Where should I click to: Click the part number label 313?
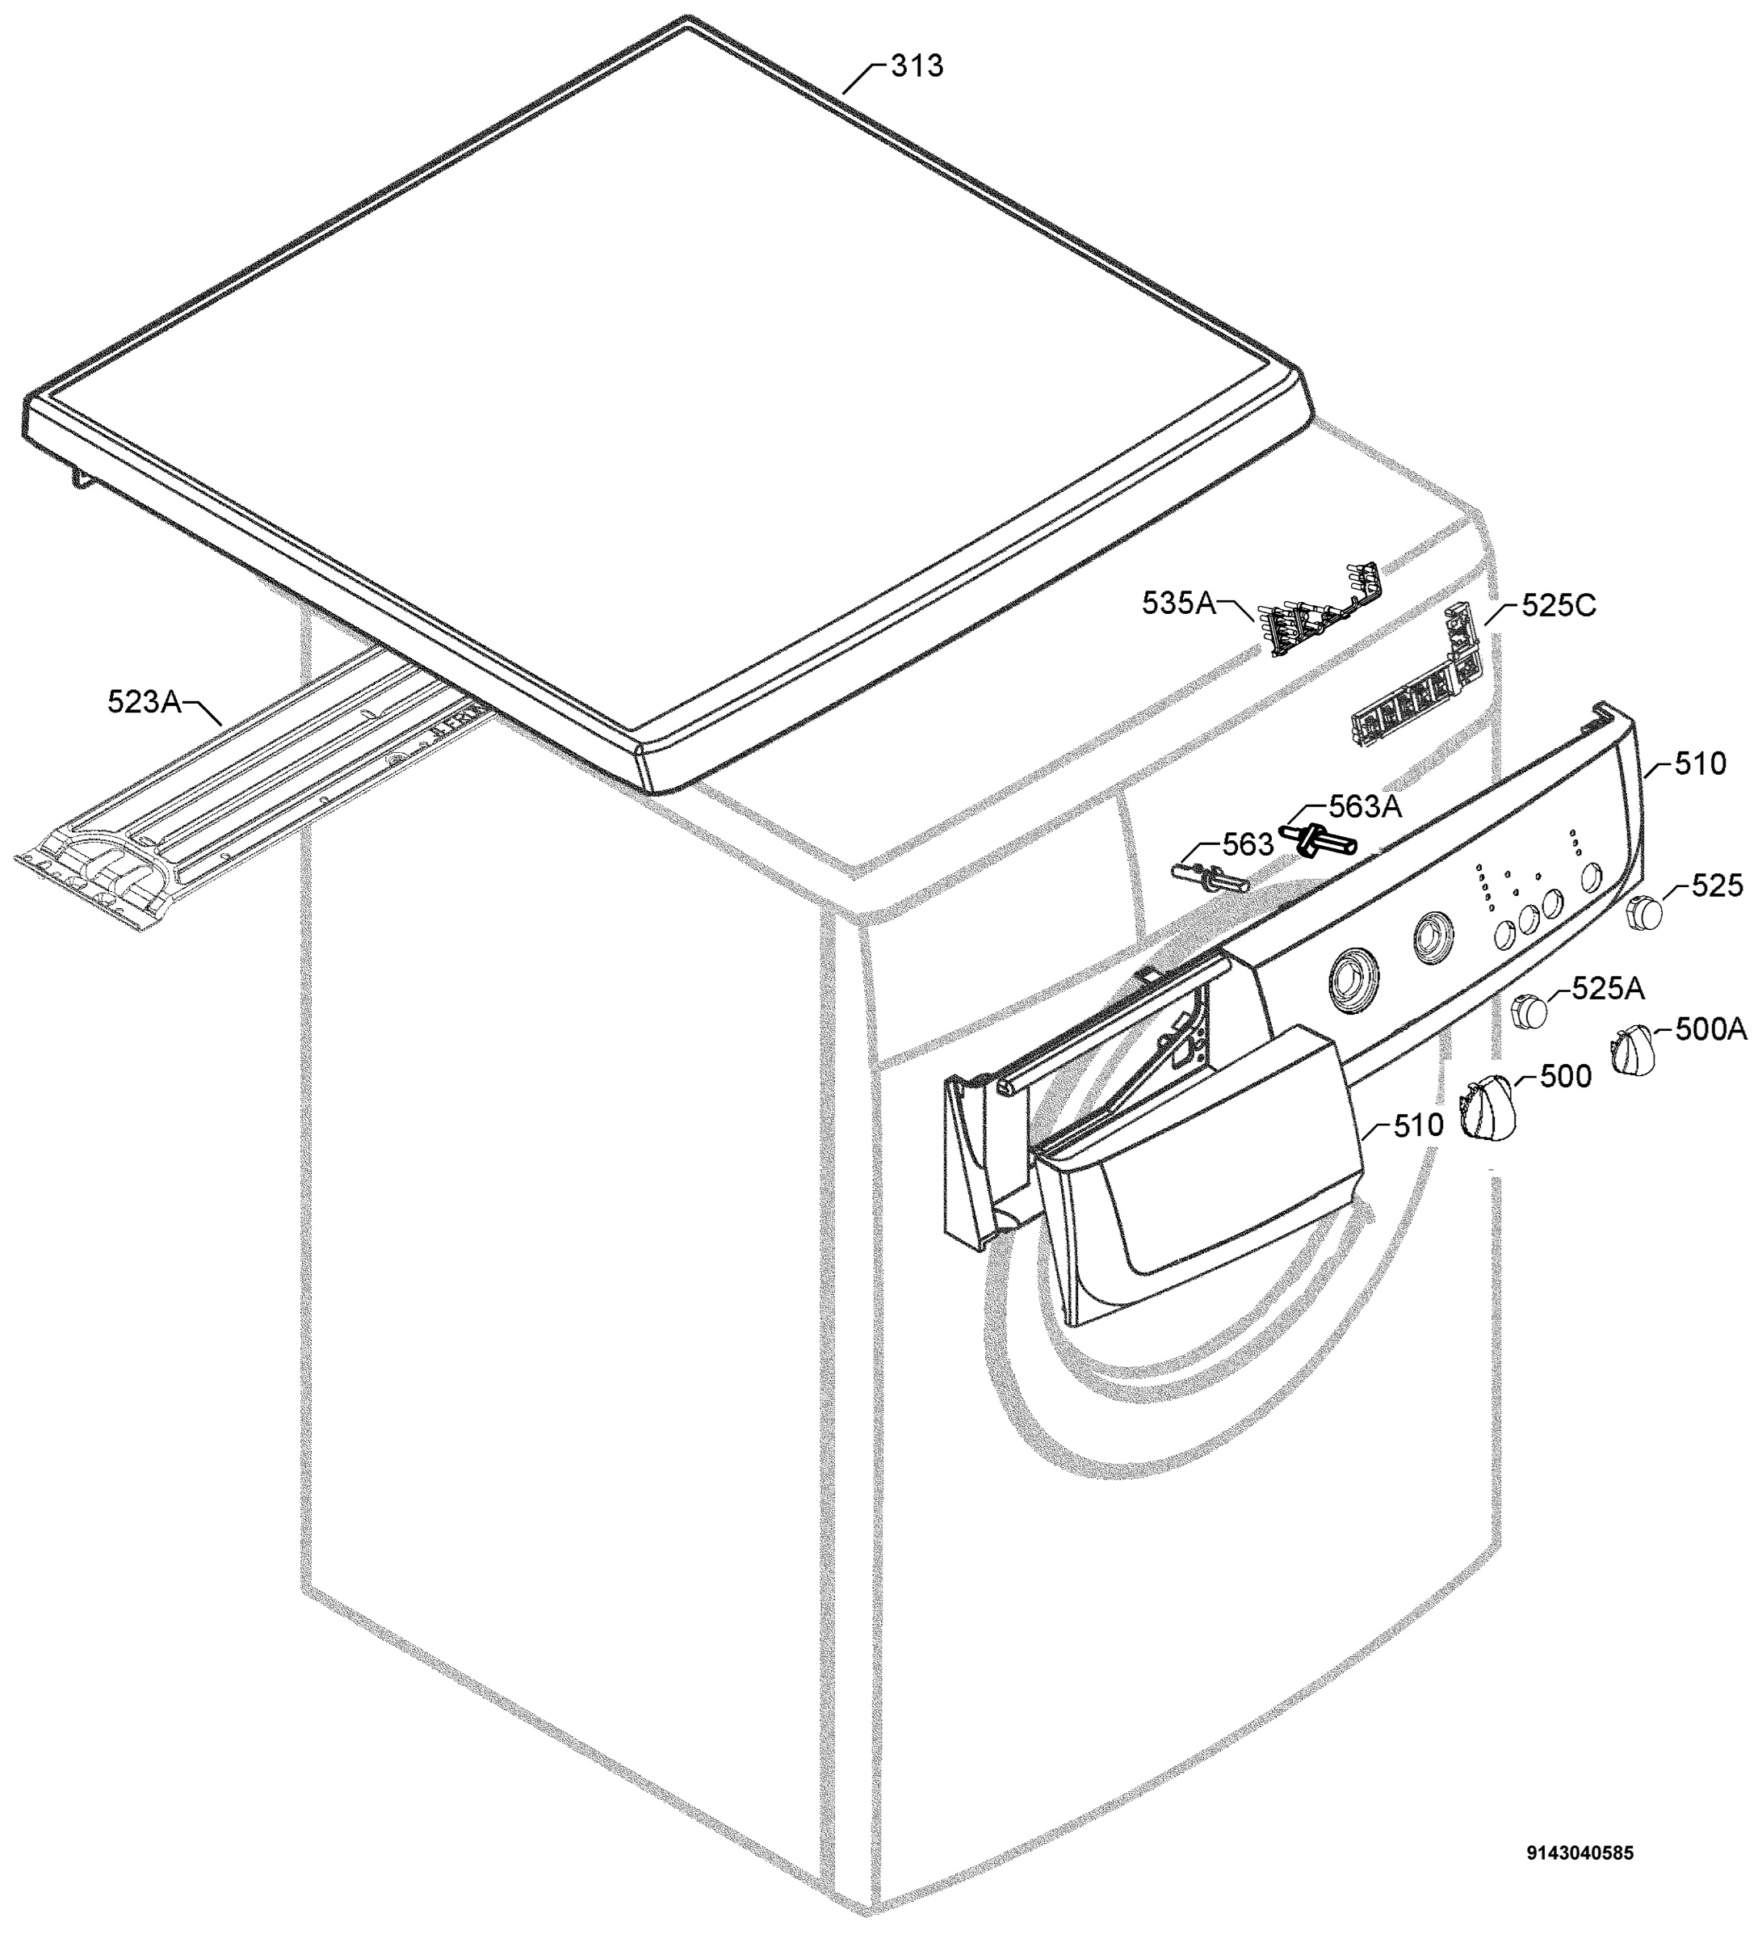coord(917,66)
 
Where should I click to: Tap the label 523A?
coord(145,702)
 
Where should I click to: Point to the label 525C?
coord(1558,605)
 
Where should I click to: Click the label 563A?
coord(1366,807)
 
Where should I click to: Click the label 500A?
coord(1710,1029)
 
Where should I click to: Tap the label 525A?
coord(1608,988)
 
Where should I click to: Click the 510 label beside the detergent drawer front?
coord(1417,1125)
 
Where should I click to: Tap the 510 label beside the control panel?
coord(1700,763)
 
